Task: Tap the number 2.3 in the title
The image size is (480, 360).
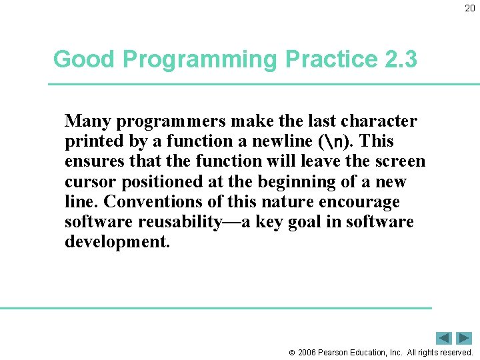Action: pyautogui.click(x=401, y=59)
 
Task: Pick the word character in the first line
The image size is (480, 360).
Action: pyautogui.click(x=379, y=121)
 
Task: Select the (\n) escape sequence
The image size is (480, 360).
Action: pyautogui.click(x=332, y=141)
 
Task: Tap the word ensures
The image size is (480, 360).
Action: pyautogui.click(x=91, y=161)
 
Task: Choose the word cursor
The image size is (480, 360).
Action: pyautogui.click(x=89, y=181)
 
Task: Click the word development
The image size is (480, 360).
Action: pyautogui.click(x=117, y=241)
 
